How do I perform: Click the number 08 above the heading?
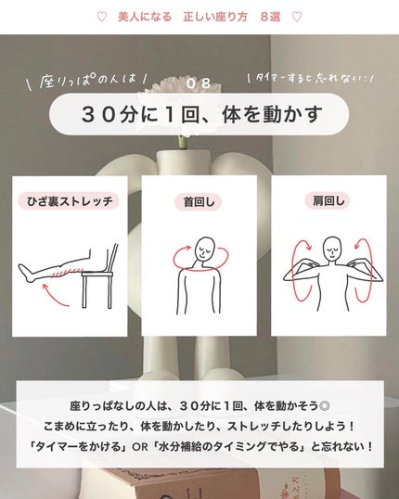click(199, 83)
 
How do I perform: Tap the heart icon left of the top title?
click(102, 17)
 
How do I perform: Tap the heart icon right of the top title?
click(296, 17)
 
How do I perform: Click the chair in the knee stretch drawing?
click(100, 274)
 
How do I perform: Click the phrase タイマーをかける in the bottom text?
click(93, 446)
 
